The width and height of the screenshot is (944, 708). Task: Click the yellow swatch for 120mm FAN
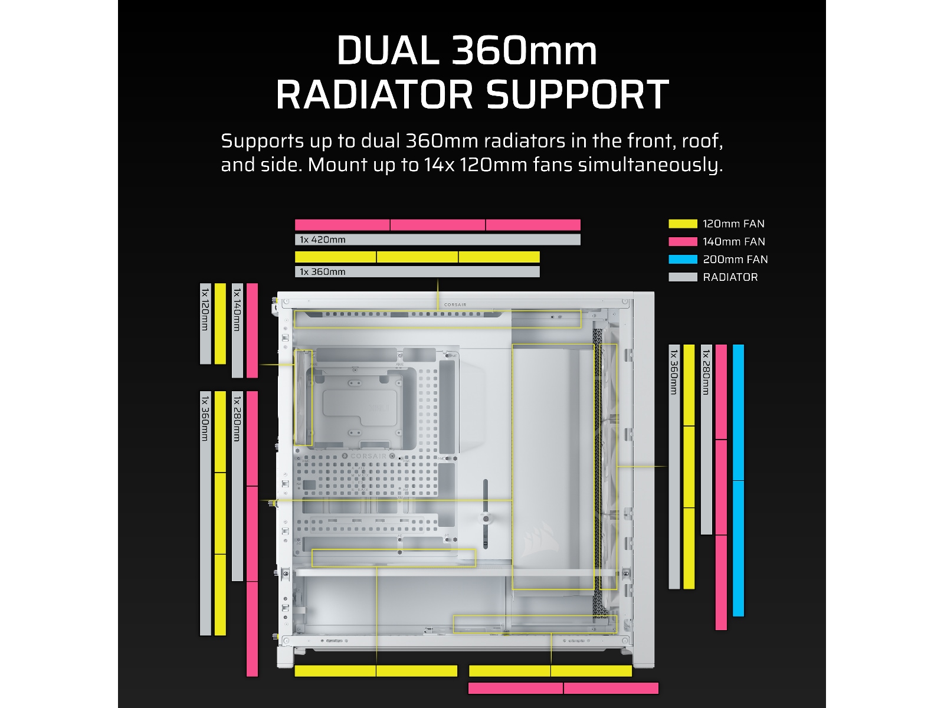(x=683, y=224)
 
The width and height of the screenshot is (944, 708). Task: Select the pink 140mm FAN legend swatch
(x=683, y=241)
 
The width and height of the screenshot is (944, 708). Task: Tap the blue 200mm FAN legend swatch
(x=683, y=259)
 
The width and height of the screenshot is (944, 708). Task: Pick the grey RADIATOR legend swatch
(x=683, y=277)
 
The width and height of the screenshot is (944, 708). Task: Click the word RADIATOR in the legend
(x=730, y=277)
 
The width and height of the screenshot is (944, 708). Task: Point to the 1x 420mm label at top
(x=323, y=240)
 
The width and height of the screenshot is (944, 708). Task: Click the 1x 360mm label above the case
(x=323, y=271)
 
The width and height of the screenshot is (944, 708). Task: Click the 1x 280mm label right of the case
(x=706, y=372)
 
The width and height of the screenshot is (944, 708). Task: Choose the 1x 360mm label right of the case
(x=674, y=372)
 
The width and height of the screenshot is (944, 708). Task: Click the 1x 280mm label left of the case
(x=237, y=418)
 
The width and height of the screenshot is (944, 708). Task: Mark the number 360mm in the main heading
(x=525, y=51)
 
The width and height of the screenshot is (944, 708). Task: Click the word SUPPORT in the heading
(x=578, y=94)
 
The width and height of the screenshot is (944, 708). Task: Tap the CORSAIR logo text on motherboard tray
(x=368, y=456)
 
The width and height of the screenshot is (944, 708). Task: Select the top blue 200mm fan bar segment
(x=738, y=412)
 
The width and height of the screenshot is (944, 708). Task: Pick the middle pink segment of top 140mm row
(x=438, y=225)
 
